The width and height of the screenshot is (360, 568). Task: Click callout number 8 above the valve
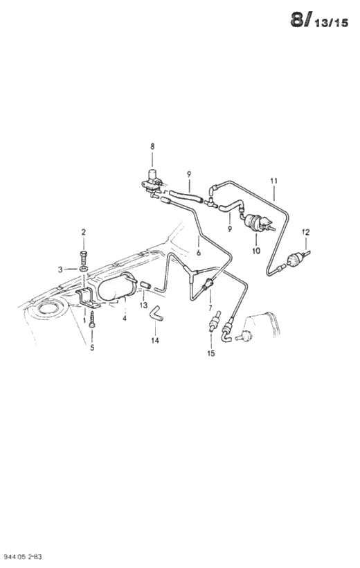click(152, 147)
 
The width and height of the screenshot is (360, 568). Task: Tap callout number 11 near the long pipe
click(273, 180)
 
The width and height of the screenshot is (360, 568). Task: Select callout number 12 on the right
click(306, 232)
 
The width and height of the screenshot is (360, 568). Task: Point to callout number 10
click(256, 251)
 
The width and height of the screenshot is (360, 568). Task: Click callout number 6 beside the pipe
click(199, 253)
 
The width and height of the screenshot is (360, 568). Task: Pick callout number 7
click(210, 308)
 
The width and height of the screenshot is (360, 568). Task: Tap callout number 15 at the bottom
click(210, 353)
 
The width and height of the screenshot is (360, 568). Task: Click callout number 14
click(155, 341)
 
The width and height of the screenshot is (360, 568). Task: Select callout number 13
click(144, 305)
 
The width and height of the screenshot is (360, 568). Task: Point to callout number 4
click(124, 319)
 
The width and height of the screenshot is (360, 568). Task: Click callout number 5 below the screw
click(92, 348)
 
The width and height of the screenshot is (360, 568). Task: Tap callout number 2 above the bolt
click(83, 232)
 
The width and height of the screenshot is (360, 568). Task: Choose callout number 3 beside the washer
click(60, 269)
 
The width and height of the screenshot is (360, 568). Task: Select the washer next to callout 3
click(84, 269)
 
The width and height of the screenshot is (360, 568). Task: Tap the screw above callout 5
click(92, 319)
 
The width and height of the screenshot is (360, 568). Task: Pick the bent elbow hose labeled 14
click(157, 314)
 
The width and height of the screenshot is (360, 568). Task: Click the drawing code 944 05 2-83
click(21, 556)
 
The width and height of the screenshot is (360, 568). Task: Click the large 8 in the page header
click(296, 20)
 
